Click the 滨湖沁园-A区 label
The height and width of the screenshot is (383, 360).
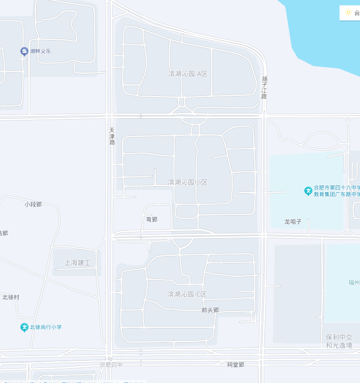(188, 74)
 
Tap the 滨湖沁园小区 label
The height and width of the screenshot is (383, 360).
(187, 182)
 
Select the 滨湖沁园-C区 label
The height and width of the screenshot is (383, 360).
(187, 294)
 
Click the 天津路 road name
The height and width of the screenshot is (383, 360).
(112, 136)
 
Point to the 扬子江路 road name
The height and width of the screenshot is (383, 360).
(264, 87)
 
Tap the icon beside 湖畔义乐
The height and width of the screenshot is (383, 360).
(24, 52)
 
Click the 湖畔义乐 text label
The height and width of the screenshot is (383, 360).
(40, 51)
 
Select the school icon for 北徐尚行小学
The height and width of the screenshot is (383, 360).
(24, 327)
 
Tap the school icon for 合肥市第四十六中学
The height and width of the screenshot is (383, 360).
(308, 191)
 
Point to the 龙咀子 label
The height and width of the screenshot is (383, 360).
(293, 221)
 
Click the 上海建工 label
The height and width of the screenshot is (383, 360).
(77, 263)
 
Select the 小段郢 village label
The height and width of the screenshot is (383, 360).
(33, 204)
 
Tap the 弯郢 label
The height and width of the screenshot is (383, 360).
(152, 219)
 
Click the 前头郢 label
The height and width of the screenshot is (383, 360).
(210, 310)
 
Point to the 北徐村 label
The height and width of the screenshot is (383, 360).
(11, 297)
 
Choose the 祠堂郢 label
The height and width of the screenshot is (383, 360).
(235, 364)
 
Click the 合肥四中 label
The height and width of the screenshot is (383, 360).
(111, 365)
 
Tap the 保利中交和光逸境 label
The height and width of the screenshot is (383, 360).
(339, 341)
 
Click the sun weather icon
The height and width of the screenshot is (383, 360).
(348, 12)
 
